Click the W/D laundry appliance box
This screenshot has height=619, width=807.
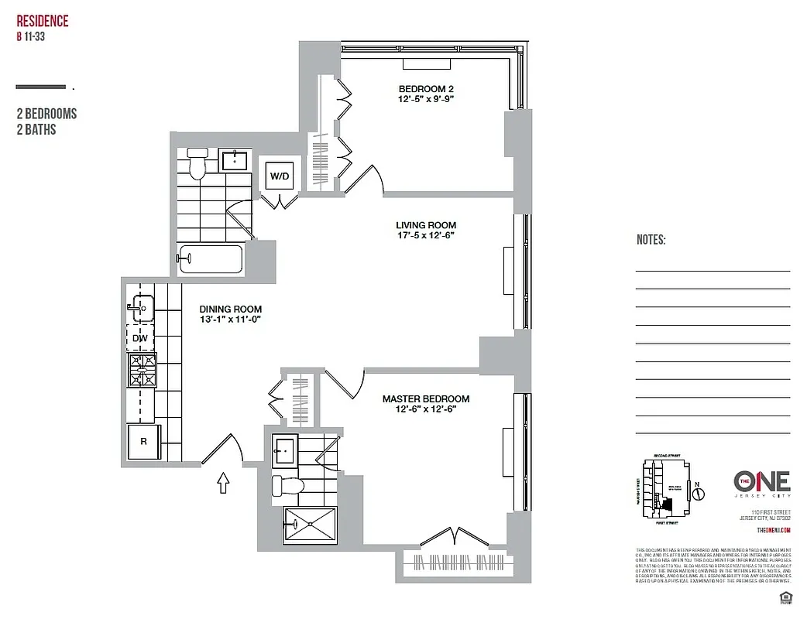tap(279, 177)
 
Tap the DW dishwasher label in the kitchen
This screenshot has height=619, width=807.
tap(140, 338)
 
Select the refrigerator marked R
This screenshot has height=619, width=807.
tap(143, 442)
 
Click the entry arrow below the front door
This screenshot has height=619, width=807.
tap(223, 484)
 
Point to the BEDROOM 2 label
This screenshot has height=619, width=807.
tap(425, 88)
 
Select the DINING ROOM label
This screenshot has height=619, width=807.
tap(231, 309)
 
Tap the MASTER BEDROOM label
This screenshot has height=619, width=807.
tap(425, 399)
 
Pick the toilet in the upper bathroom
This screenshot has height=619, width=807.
tap(197, 165)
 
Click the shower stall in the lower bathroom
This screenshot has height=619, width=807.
tap(310, 524)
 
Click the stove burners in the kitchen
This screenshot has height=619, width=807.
tap(142, 371)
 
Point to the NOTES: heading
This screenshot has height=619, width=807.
tap(651, 241)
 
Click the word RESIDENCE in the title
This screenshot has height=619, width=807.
tap(43, 21)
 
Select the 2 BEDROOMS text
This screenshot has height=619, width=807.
tap(46, 115)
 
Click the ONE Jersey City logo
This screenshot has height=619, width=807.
tap(761, 482)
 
